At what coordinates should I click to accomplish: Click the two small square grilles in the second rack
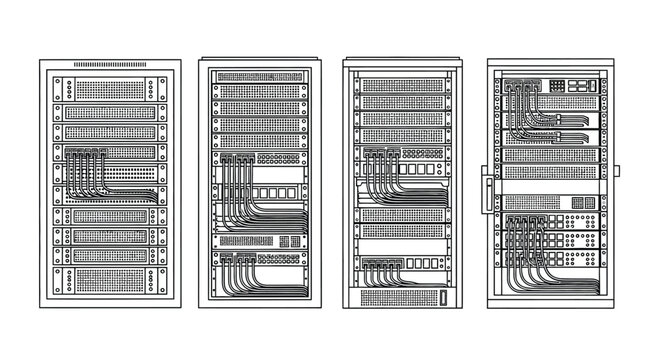click(291, 241)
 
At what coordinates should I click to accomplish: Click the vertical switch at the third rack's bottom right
click(441, 297)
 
